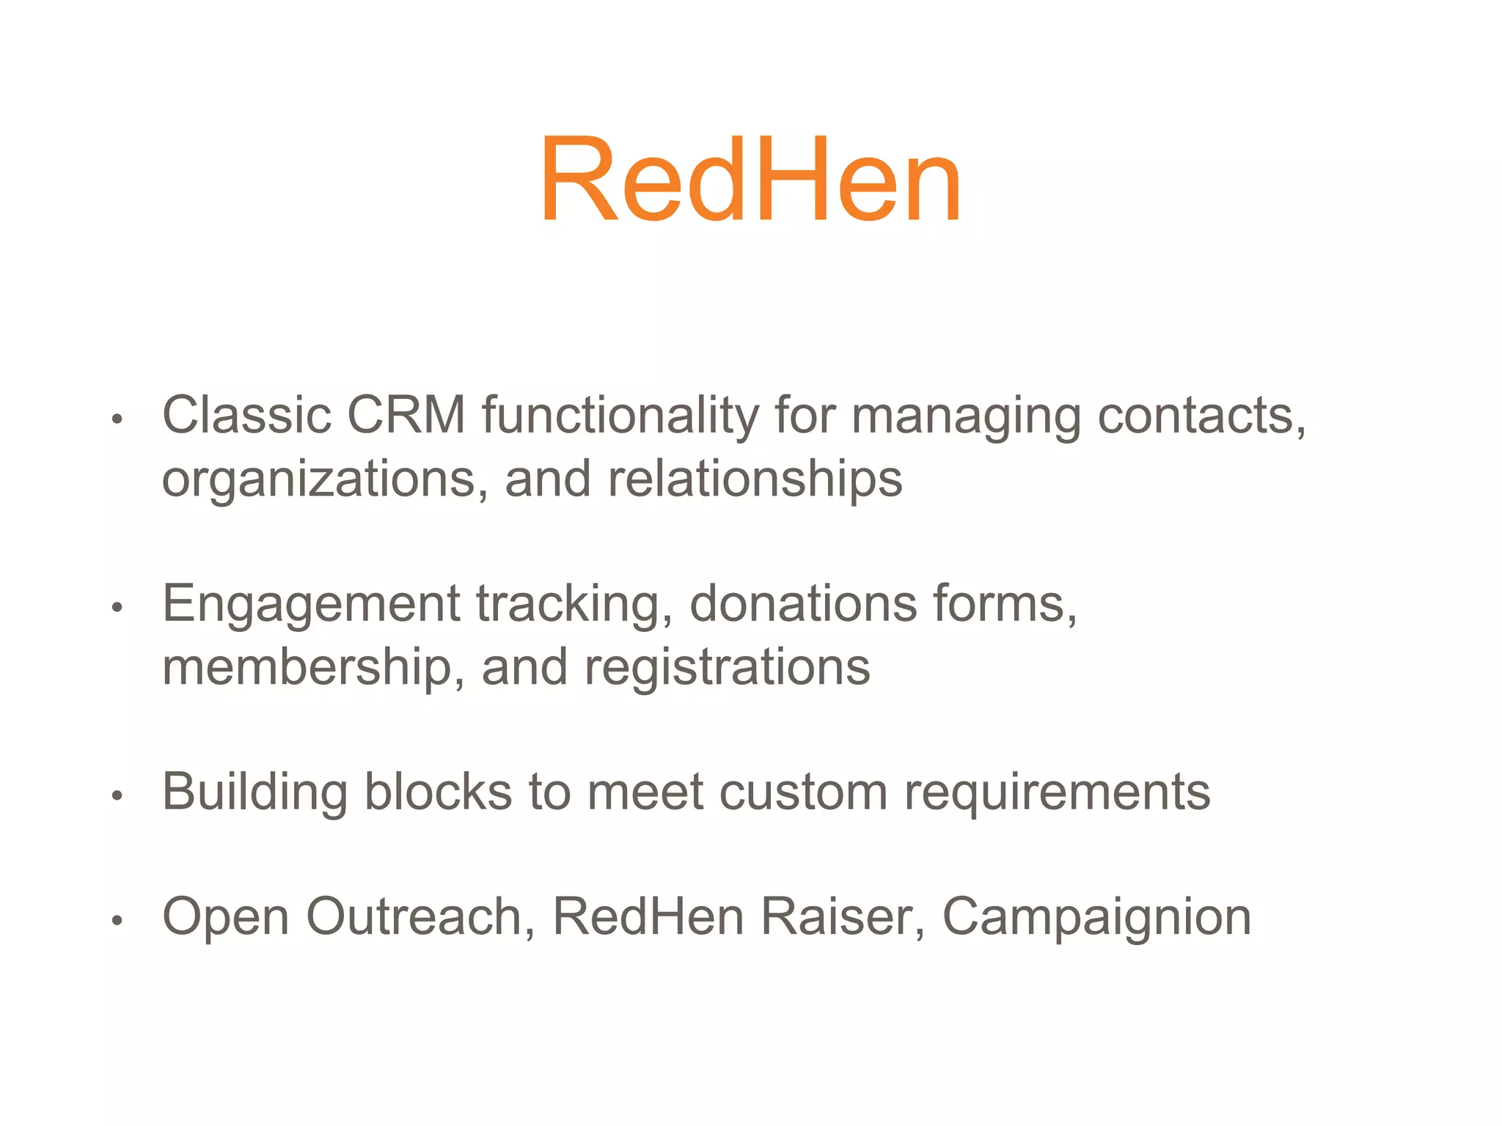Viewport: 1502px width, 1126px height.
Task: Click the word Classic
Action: click(246, 416)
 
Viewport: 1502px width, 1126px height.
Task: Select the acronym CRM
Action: click(406, 416)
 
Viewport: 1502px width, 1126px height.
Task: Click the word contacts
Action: click(1200, 416)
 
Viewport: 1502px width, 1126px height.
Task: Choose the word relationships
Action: click(755, 480)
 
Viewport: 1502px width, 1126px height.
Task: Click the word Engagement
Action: click(310, 605)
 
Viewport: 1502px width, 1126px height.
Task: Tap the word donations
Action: click(803, 604)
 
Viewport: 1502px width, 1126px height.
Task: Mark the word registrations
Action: click(727, 668)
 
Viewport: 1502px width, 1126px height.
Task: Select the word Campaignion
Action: click(1096, 918)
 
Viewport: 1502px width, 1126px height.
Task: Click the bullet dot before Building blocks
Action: click(117, 796)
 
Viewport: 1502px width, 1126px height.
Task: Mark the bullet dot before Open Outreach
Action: click(117, 921)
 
